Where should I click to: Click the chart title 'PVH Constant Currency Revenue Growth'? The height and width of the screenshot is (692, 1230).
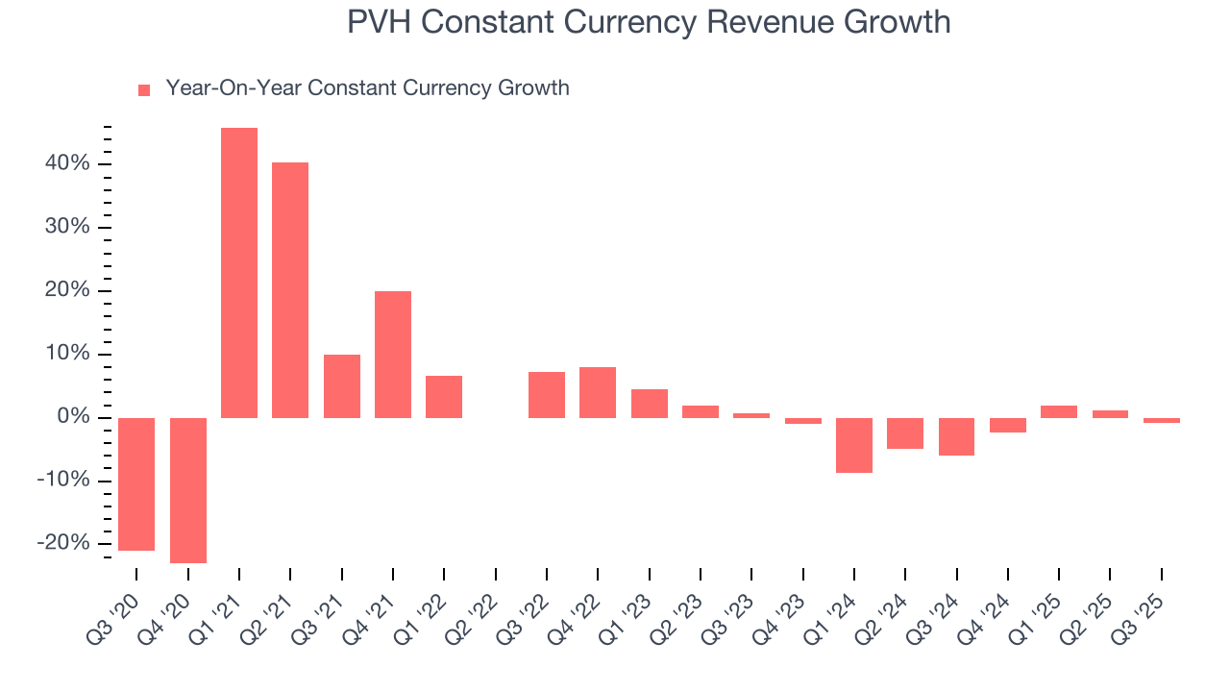click(x=649, y=21)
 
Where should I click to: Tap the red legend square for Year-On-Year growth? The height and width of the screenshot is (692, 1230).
click(x=144, y=89)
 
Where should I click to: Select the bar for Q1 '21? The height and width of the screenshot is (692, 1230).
click(x=239, y=273)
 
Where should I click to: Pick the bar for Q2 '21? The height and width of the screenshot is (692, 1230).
click(x=290, y=290)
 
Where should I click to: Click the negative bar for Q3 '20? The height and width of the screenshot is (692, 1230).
click(x=136, y=484)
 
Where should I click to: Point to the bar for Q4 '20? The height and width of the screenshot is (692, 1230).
click(x=188, y=490)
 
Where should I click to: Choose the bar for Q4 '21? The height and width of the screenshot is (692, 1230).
click(x=393, y=355)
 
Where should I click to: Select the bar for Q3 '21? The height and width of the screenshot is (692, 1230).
click(x=342, y=386)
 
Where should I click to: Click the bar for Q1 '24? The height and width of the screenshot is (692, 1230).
click(x=854, y=445)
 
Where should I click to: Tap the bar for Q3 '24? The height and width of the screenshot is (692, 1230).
click(x=957, y=436)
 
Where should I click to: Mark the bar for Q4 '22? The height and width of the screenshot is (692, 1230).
click(x=598, y=392)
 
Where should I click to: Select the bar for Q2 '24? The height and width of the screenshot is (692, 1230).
click(x=905, y=433)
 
